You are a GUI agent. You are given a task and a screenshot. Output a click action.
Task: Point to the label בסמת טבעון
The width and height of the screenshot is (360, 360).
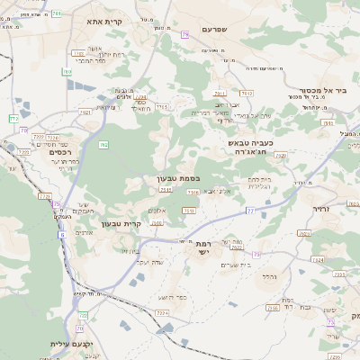click(169, 179)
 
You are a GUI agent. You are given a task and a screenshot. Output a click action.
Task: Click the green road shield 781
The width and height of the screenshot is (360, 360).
click(58, 13)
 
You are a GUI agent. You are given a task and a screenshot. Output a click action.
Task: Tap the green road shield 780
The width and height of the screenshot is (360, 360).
click(67, 71)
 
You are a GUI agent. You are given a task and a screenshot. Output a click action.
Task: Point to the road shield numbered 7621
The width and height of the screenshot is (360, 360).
click(85, 112)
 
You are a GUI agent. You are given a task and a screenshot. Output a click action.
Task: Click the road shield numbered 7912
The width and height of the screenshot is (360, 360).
click(247, 93)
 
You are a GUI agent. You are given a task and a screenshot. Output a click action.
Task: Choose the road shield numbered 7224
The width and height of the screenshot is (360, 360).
click(162, 312)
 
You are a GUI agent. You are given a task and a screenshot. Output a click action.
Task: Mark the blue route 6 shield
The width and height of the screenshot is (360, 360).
click(62, 234)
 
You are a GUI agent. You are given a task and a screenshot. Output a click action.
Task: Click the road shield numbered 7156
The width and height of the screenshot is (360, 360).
click(190, 210)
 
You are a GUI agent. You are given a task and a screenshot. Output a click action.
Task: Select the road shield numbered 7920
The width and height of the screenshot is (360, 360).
click(280, 156)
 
